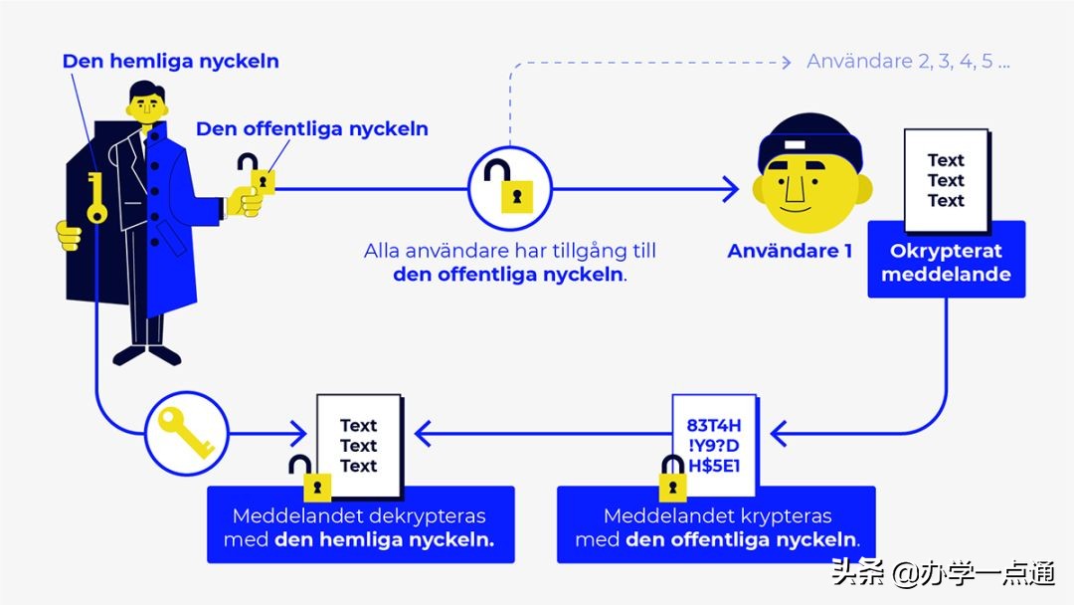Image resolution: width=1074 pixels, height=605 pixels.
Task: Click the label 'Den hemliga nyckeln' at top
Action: (170, 61)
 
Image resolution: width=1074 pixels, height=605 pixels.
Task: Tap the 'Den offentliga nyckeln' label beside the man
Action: (311, 128)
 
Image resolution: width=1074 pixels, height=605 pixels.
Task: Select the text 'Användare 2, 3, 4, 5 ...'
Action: (908, 62)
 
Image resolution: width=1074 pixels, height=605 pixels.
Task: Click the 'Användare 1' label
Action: (790, 251)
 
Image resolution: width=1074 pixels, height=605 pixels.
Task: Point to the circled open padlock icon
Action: (509, 187)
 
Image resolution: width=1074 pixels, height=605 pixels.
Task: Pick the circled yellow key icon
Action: (187, 433)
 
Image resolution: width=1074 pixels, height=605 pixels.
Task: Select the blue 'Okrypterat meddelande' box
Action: (945, 262)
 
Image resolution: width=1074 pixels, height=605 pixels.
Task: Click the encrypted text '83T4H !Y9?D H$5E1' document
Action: (714, 445)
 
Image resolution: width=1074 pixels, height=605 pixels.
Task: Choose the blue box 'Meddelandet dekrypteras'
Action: (359, 526)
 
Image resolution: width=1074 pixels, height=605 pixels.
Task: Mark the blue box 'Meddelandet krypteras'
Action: (716, 526)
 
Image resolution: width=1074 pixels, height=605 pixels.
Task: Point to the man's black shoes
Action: (147, 354)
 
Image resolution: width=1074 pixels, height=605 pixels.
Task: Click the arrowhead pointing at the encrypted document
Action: (781, 433)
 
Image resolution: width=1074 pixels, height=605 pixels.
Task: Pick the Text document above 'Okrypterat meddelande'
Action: (945, 179)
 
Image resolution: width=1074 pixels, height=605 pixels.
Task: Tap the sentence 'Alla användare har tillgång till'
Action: (509, 251)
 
